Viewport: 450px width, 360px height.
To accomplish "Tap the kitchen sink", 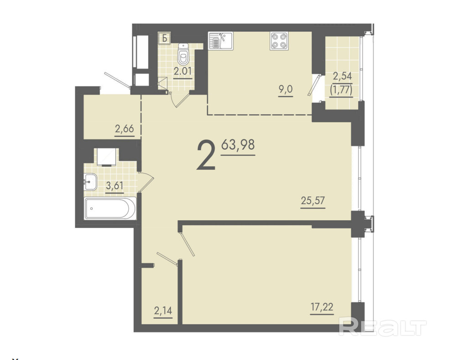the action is coord(221,41).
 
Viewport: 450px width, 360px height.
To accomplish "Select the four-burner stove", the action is coord(279,41).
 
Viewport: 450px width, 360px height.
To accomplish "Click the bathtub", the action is coord(110,208).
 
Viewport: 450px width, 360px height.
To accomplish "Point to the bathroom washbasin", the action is coord(90,182).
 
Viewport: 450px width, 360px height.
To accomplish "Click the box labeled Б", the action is coord(165,38).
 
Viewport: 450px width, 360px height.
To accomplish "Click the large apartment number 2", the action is coord(206,157).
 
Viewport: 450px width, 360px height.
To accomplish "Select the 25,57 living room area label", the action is coord(313,200).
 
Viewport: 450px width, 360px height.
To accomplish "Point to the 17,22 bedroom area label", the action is coord(322,307).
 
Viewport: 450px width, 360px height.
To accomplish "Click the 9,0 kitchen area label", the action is coord(285,90).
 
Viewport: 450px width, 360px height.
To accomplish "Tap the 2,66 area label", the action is coord(124,128).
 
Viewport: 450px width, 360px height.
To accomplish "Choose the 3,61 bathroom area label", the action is coord(115,185).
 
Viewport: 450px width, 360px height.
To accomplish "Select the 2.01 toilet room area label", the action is coord(183,71).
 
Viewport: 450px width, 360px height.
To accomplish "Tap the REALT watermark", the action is coord(382,326).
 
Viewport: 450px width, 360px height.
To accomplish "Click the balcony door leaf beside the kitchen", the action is coord(314,85).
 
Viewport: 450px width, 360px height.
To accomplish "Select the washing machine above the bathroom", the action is coord(106,157).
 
